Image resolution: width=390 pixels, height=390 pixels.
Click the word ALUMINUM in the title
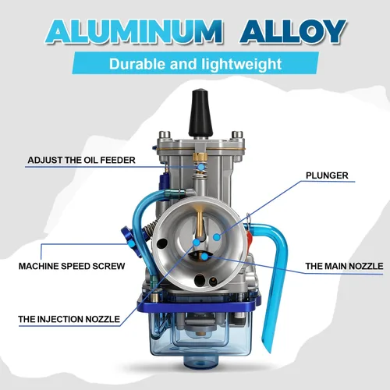point(134,32)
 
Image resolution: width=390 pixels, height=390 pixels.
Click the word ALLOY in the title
point(292,32)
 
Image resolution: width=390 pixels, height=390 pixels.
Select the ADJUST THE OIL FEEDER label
point(81,160)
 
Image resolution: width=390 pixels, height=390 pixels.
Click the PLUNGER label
point(327,175)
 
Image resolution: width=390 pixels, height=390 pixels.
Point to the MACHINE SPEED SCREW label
point(72,266)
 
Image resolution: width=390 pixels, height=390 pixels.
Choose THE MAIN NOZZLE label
point(344,266)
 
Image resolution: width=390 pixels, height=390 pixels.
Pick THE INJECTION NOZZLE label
point(69,319)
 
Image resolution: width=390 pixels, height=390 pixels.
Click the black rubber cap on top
point(200,112)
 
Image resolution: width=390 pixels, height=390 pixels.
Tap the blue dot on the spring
point(200,167)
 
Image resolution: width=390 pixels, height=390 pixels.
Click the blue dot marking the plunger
point(217,237)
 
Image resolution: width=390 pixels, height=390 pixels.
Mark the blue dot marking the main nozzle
point(205,257)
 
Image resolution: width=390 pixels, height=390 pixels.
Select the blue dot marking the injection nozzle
point(197,243)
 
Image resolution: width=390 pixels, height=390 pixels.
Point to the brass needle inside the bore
point(200,224)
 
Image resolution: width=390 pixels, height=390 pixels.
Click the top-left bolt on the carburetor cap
point(165,135)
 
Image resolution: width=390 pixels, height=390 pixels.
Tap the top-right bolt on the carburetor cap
point(237,135)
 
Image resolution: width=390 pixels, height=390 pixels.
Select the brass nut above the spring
point(200,157)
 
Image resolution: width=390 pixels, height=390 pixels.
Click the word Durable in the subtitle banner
point(137,64)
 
